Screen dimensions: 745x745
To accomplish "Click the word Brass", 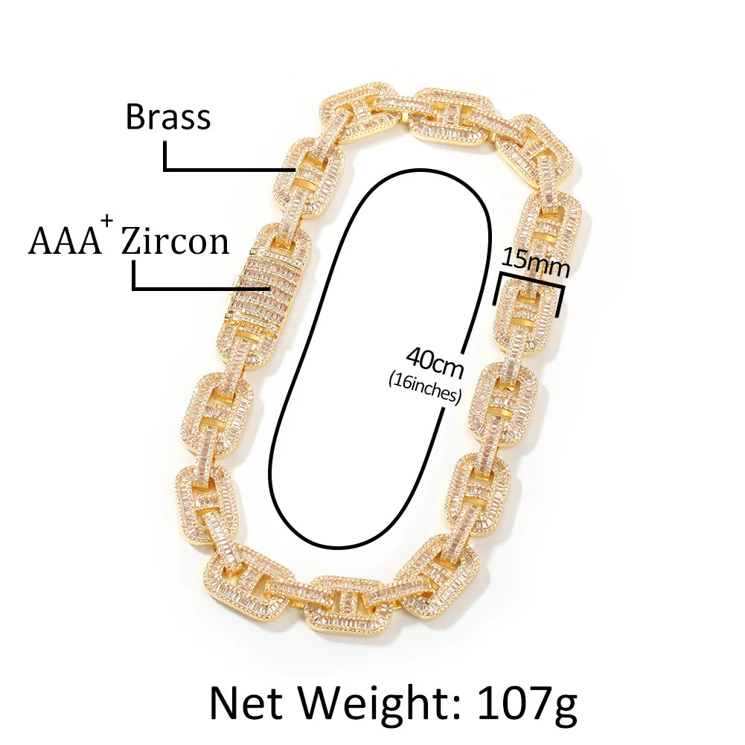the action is pos(168,117).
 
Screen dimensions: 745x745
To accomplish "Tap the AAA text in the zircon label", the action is pos(65,241).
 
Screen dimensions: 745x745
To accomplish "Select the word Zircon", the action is pos(175,241).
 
